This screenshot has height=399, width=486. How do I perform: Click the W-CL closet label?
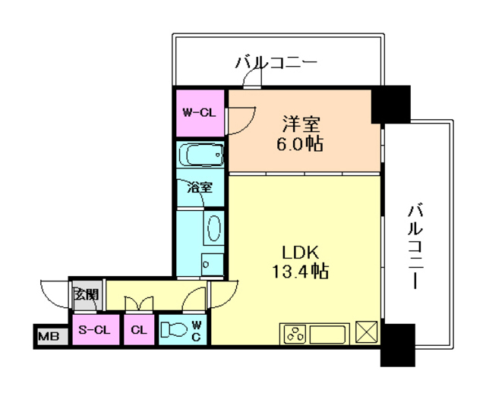[x=200, y=113]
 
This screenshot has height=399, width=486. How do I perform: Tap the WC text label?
[x=195, y=330]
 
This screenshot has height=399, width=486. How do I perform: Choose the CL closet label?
[x=138, y=330]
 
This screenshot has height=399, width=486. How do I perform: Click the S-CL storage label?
[x=95, y=330]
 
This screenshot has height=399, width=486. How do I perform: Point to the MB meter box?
[x=48, y=335]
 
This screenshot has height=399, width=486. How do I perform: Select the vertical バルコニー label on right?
[x=415, y=244]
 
